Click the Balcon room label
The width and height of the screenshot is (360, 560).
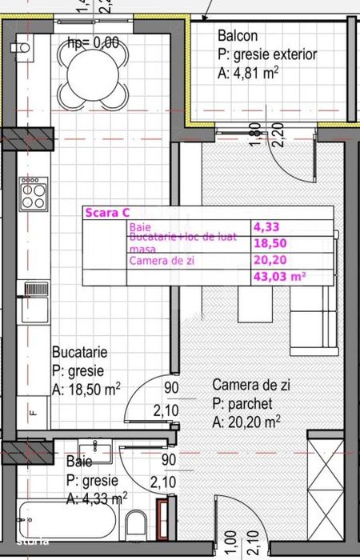[238, 36]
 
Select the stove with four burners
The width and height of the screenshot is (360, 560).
[33, 194]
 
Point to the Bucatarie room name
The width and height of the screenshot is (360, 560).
[79, 352]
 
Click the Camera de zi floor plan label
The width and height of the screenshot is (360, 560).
[251, 386]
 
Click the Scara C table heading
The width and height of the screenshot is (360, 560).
[106, 213]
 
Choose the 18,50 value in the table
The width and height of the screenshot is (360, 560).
[270, 244]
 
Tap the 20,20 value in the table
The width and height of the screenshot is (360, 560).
[270, 260]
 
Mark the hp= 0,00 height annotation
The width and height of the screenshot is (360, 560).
[93, 43]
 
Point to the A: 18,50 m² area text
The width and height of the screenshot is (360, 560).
[86, 390]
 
